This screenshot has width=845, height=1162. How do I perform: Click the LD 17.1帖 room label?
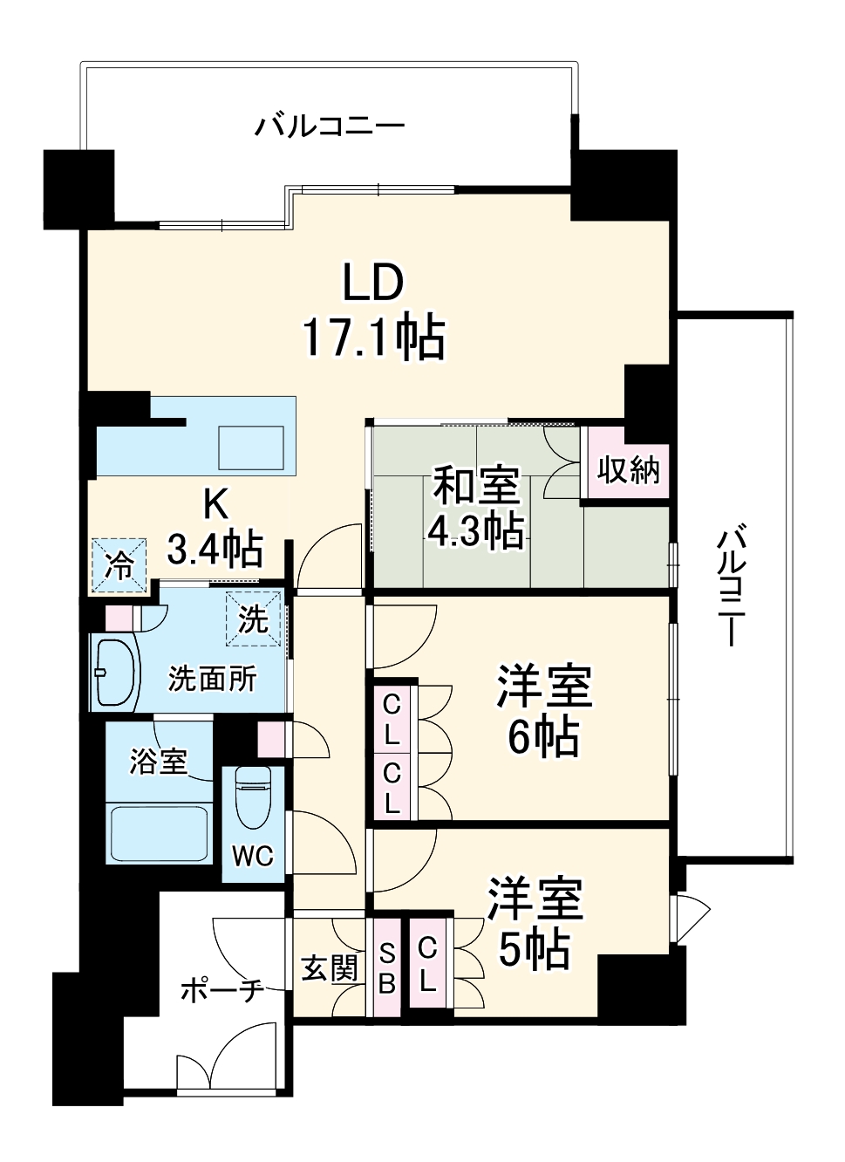(x=373, y=311)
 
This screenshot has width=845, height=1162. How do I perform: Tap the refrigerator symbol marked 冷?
(x=119, y=565)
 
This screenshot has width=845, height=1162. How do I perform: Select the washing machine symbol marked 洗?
(x=254, y=619)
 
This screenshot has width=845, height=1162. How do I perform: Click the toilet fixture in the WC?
(x=253, y=796)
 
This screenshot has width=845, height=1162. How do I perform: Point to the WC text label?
(x=252, y=857)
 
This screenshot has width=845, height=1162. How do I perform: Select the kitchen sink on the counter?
(x=251, y=448)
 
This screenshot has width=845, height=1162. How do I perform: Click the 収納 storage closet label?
(x=628, y=470)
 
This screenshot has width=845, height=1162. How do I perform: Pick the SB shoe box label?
(x=387, y=968)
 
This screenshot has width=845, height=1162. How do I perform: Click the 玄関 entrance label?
(x=330, y=968)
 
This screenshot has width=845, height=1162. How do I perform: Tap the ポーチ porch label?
(x=221, y=990)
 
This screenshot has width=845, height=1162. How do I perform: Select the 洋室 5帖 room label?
(x=534, y=923)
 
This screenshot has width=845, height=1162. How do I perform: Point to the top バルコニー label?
(x=330, y=127)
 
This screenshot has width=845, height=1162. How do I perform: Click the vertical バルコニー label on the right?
(x=731, y=584)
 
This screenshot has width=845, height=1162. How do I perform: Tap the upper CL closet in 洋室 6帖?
(x=392, y=718)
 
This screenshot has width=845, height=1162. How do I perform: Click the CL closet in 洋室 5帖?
(x=427, y=964)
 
